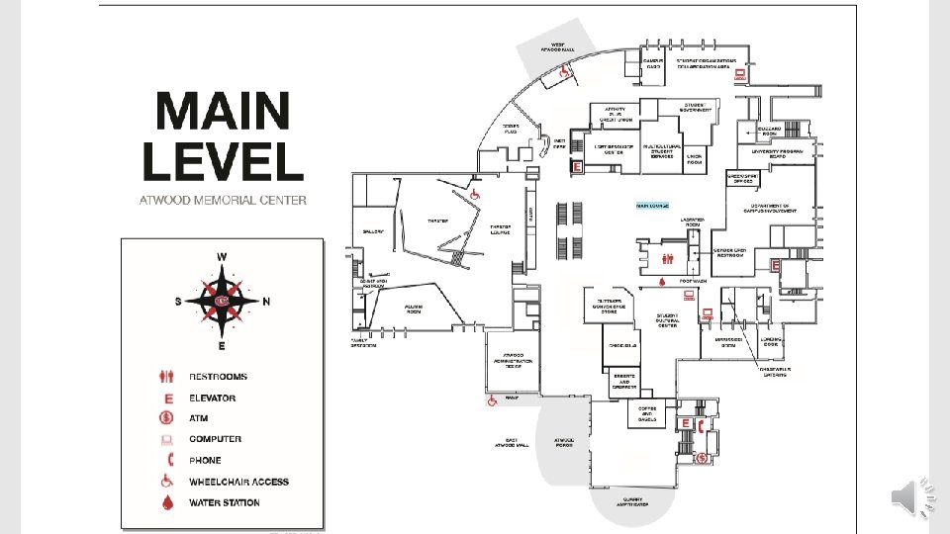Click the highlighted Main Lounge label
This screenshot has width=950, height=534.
coord(653,206)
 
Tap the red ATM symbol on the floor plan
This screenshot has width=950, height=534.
coord(701,457)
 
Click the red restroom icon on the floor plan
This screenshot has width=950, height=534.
coord(669,259)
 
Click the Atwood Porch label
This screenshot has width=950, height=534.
coord(564,441)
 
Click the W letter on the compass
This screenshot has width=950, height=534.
coord(222,257)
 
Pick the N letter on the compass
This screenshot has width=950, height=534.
coord(267,302)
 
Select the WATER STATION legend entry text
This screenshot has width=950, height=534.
coord(225,502)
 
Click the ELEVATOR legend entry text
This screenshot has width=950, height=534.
coord(212,398)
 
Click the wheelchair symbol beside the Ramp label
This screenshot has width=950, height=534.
coord(491,401)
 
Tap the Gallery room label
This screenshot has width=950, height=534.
coord(373,231)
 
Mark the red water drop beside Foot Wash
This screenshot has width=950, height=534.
coord(662,282)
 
